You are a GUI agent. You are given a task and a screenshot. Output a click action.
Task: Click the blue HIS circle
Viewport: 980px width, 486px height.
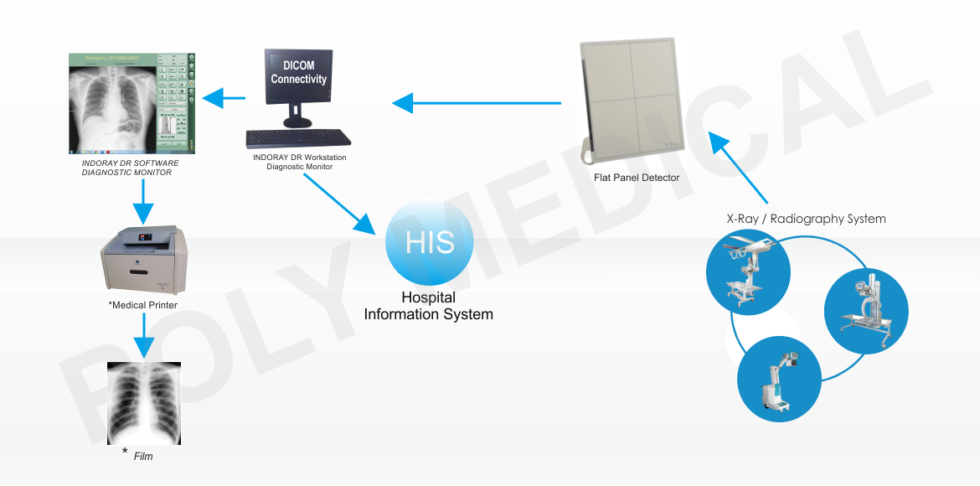coord(429,242)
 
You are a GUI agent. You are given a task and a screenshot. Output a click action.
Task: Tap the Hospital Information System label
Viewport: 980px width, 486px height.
coord(428,307)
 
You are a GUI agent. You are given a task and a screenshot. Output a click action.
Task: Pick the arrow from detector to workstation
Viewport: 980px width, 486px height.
coord(477,103)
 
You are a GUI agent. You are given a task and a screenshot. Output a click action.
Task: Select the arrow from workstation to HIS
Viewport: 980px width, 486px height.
coord(340,203)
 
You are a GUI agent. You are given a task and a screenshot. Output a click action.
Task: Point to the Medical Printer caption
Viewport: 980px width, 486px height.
coord(142,305)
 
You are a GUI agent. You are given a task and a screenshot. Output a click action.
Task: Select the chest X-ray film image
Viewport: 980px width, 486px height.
coord(145,404)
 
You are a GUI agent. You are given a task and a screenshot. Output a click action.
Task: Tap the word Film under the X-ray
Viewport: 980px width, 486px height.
coord(143,457)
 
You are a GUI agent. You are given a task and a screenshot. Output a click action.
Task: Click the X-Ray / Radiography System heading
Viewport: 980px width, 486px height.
coord(806,219)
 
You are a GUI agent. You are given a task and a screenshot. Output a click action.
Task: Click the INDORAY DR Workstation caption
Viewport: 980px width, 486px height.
coord(299,162)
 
